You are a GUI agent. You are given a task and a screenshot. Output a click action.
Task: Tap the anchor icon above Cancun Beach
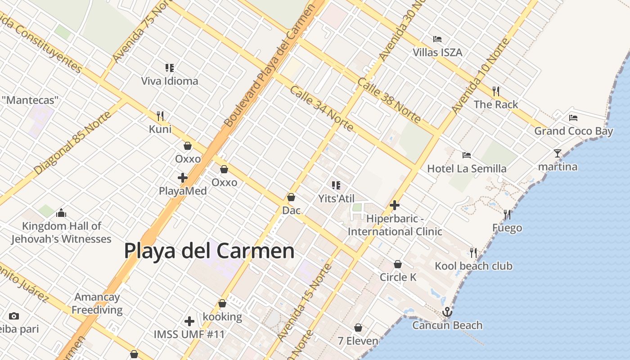click(447, 312)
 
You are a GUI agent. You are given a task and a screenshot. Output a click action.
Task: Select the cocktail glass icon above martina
click(558, 153)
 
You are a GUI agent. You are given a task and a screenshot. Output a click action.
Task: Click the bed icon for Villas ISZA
click(437, 39)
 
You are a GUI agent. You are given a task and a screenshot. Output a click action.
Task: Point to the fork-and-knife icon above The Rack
click(496, 91)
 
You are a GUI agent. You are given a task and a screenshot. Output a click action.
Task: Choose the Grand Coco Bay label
click(573, 131)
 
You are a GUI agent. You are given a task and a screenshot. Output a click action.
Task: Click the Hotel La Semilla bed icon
click(467, 155)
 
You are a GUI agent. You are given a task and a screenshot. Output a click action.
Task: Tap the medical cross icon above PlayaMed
click(183, 178)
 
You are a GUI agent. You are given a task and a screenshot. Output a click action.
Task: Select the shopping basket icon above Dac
click(291, 197)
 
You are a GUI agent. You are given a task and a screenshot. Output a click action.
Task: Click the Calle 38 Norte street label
click(389, 100)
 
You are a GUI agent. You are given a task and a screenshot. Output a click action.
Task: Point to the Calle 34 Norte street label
click(321, 108)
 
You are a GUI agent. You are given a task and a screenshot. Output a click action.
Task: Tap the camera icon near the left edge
click(14, 316)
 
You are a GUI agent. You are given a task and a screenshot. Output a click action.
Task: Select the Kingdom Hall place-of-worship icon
click(61, 213)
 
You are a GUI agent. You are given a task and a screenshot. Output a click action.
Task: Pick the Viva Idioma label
click(170, 81)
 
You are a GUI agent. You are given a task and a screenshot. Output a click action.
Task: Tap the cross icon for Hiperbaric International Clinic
click(395, 206)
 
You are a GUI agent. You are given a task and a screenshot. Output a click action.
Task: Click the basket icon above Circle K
click(398, 264)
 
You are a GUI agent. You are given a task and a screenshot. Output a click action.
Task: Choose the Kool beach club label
click(473, 266)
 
